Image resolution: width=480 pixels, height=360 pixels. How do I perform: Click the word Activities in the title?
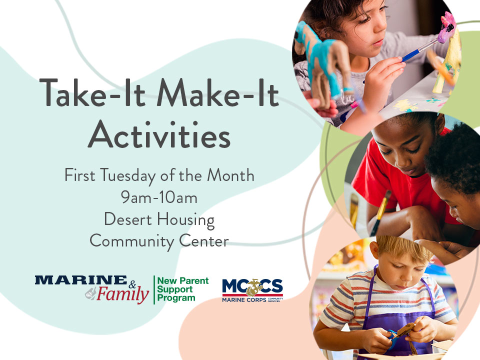[x=159, y=134]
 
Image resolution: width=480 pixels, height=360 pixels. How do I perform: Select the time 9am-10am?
[x=159, y=197]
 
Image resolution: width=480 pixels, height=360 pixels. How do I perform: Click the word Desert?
[x=128, y=219]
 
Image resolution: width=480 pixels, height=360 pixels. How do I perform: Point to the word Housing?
[x=186, y=220]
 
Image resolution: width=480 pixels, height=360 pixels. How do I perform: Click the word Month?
[x=230, y=175]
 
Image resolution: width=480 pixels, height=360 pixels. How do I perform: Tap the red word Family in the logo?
[x=123, y=294]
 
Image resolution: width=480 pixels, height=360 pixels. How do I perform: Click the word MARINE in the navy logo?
[x=81, y=280]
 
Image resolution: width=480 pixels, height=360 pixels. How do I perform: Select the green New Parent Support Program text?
[x=183, y=289]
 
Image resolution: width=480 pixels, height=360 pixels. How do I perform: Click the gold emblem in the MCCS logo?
[x=254, y=287]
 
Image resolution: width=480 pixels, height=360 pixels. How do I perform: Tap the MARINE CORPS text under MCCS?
[x=244, y=300]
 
